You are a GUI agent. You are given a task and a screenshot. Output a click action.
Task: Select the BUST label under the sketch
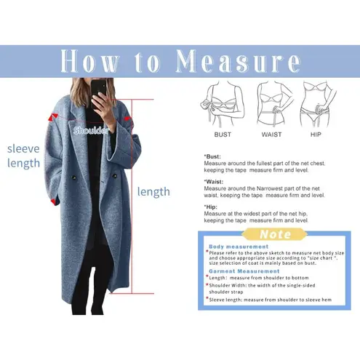(x=223, y=135)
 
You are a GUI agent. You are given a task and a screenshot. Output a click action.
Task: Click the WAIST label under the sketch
(x=272, y=135)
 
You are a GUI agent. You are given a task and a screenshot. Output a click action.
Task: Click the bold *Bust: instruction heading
(x=212, y=156)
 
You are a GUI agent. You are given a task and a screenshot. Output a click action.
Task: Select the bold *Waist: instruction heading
(x=214, y=182)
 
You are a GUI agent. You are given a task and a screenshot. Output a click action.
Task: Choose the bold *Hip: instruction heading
(x=212, y=207)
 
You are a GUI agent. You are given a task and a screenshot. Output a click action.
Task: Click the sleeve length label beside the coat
(x=23, y=155)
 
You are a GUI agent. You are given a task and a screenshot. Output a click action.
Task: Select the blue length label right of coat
(x=153, y=191)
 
